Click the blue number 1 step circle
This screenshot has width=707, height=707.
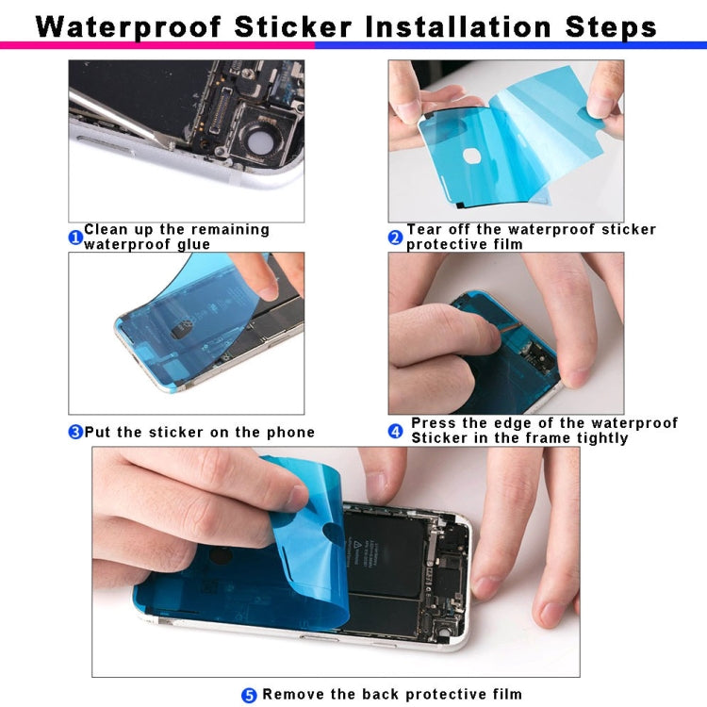coord(75,238)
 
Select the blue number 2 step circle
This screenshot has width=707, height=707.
coord(396,238)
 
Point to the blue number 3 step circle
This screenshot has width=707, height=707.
coord(75,433)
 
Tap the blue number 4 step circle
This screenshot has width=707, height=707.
coord(396,431)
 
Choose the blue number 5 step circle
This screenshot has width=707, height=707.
coord(249,695)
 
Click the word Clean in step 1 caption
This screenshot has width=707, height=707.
coord(106,230)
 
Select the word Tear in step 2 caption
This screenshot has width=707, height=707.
coord(424,230)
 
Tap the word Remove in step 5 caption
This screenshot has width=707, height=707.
coord(293,695)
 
